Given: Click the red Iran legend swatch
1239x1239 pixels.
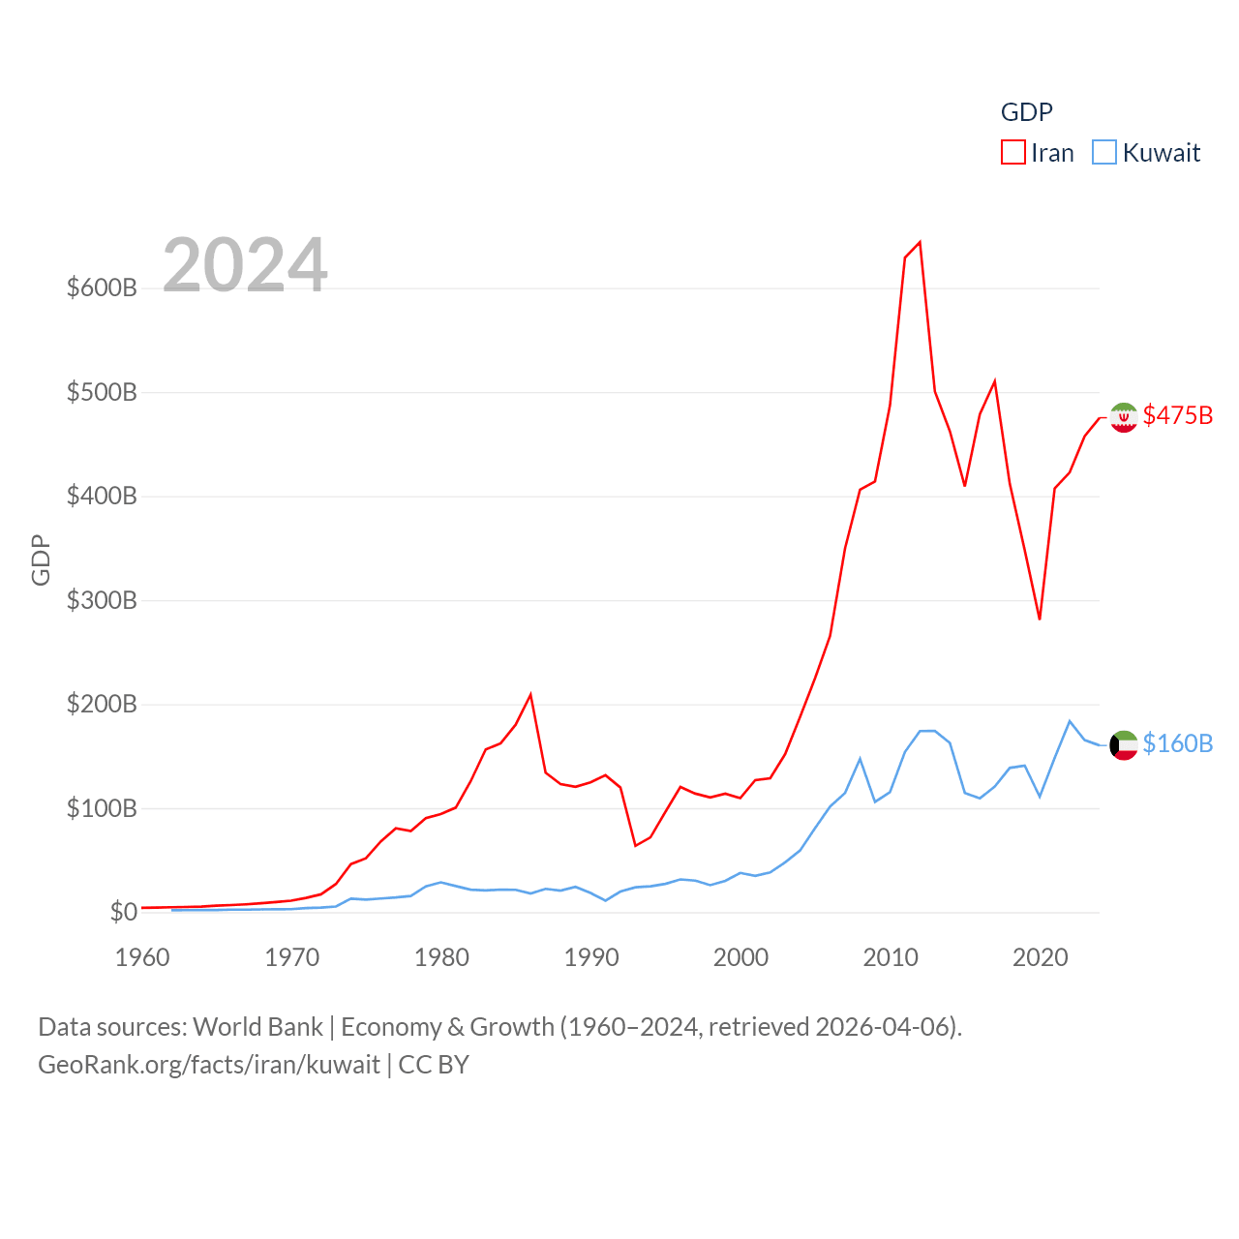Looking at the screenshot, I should click(x=1012, y=153).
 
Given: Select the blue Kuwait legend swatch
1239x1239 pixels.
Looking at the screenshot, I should click(x=1104, y=153).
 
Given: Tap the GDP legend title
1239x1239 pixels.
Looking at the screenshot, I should click(x=1026, y=112).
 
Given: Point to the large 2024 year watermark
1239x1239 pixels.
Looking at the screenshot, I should click(x=245, y=265).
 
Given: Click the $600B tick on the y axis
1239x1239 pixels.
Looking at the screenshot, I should click(x=102, y=287).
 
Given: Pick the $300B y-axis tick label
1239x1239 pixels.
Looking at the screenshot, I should click(x=102, y=600).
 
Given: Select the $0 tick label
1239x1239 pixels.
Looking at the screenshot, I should click(x=123, y=912).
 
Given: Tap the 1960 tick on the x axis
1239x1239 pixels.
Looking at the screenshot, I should click(x=142, y=957).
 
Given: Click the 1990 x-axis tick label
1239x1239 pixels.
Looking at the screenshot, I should click(x=591, y=957).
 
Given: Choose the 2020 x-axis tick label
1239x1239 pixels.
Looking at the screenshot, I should click(x=1041, y=957).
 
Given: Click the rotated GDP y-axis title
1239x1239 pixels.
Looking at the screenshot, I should click(x=41, y=559).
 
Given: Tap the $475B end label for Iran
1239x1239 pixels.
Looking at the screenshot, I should click(x=1177, y=415).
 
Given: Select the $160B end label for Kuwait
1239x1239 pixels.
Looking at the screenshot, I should click(x=1177, y=743).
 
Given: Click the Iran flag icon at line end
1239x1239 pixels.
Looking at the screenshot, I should click(x=1124, y=417).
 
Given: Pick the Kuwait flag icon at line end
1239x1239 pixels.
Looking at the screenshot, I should click(x=1124, y=745).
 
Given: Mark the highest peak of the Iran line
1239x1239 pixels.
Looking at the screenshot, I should click(x=920, y=242).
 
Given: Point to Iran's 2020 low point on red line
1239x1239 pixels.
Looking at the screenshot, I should click(x=1040, y=619).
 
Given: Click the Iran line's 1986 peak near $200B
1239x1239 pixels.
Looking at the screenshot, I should click(x=530, y=695).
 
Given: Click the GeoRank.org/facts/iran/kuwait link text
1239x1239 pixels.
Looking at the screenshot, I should click(x=209, y=1065).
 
